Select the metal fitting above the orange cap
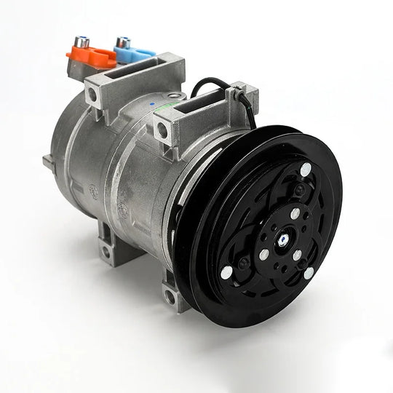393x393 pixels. (x=82, y=42)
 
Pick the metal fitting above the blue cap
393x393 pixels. (x=123, y=41)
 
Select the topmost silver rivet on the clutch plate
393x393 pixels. (x=306, y=169)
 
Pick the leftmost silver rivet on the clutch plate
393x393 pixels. (x=226, y=271)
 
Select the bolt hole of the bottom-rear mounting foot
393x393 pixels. (x=107, y=251)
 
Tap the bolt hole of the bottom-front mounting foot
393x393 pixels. (x=169, y=296)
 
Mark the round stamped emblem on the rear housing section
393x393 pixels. (x=93, y=192)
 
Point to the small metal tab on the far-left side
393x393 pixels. (x=48, y=162)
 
